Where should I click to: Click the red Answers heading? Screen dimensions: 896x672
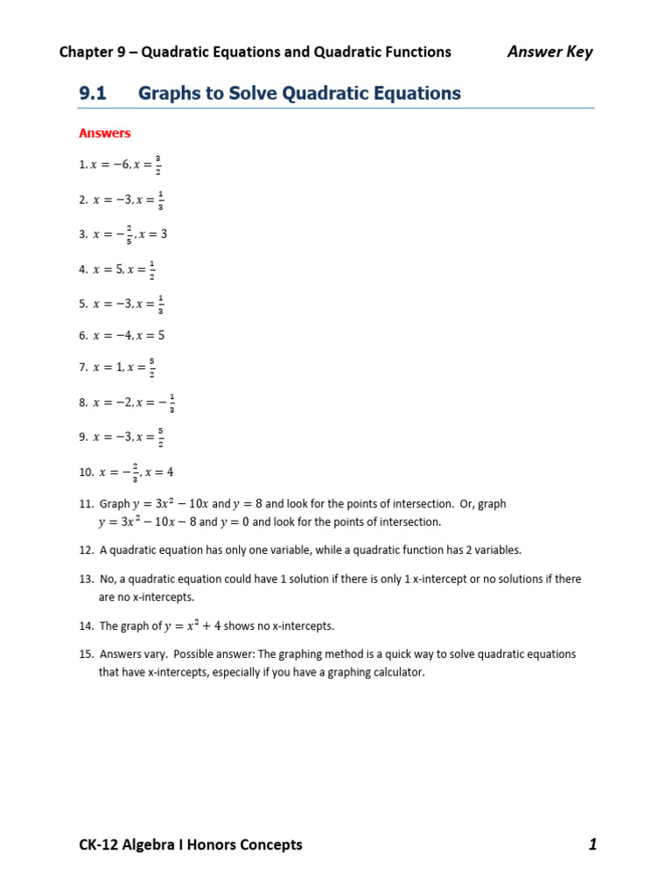[x=104, y=133]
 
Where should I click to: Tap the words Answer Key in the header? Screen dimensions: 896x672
[x=549, y=52]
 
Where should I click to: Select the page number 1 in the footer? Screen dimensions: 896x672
[x=592, y=844]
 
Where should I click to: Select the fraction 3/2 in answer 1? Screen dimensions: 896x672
[x=157, y=164]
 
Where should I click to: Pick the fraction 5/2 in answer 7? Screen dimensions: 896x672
[x=153, y=368]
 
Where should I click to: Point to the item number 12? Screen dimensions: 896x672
[x=85, y=550]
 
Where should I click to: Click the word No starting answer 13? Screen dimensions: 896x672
[x=108, y=579]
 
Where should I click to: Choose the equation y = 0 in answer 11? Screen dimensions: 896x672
[x=234, y=522]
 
